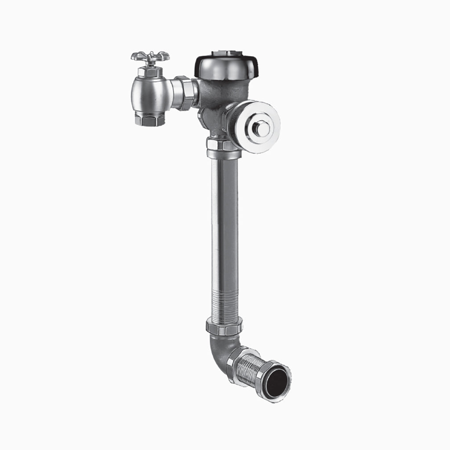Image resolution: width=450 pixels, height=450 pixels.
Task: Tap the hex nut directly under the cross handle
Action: pos(150,71)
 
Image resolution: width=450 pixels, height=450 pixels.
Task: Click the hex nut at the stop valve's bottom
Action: pos(150,118)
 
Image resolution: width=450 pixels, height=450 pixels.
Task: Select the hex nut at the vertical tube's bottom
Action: pos(224,326)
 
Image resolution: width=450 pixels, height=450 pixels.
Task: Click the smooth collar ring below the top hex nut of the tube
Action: pos(224,154)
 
